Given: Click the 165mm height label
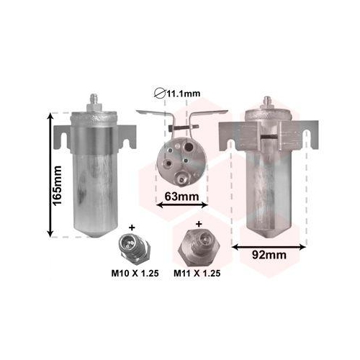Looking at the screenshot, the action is (x=58, y=185).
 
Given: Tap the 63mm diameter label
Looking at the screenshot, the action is (x=181, y=197).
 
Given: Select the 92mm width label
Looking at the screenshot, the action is (x=269, y=255).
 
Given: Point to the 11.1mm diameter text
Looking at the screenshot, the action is (x=184, y=94).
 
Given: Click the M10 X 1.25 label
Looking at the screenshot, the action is (x=135, y=273).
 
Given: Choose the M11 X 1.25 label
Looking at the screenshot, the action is (x=197, y=273).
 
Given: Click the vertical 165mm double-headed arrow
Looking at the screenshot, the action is (x=50, y=175).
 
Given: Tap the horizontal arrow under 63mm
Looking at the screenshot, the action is (x=181, y=204).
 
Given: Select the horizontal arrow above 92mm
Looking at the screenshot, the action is (x=269, y=247).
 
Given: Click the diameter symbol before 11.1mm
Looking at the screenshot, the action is (x=160, y=94).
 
